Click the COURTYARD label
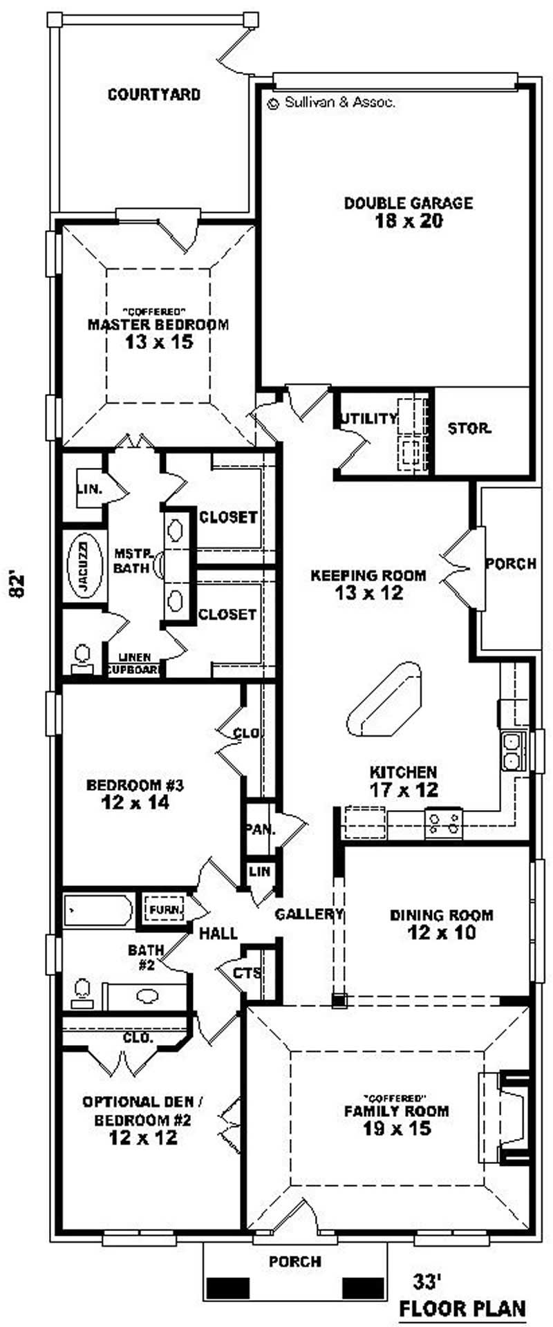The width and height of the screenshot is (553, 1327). pyautogui.click(x=154, y=95)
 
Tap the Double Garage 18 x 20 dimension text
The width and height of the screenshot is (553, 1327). pyautogui.click(x=408, y=221)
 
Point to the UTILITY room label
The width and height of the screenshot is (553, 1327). pyautogui.click(x=369, y=418)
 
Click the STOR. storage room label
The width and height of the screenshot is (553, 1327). pyautogui.click(x=469, y=429)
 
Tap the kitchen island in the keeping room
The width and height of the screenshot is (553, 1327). pyautogui.click(x=384, y=699)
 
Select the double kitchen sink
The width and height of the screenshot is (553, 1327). pyautogui.click(x=512, y=751)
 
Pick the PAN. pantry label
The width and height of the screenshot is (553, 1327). pyautogui.click(x=259, y=829)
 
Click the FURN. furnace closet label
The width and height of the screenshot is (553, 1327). pyautogui.click(x=165, y=910)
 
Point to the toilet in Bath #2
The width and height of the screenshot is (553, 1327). pyautogui.click(x=82, y=993)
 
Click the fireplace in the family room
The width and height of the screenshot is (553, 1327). pyautogui.click(x=508, y=1118)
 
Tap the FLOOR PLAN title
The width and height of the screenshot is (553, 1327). pyautogui.click(x=462, y=1308)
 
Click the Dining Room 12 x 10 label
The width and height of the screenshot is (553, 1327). pyautogui.click(x=442, y=924)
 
